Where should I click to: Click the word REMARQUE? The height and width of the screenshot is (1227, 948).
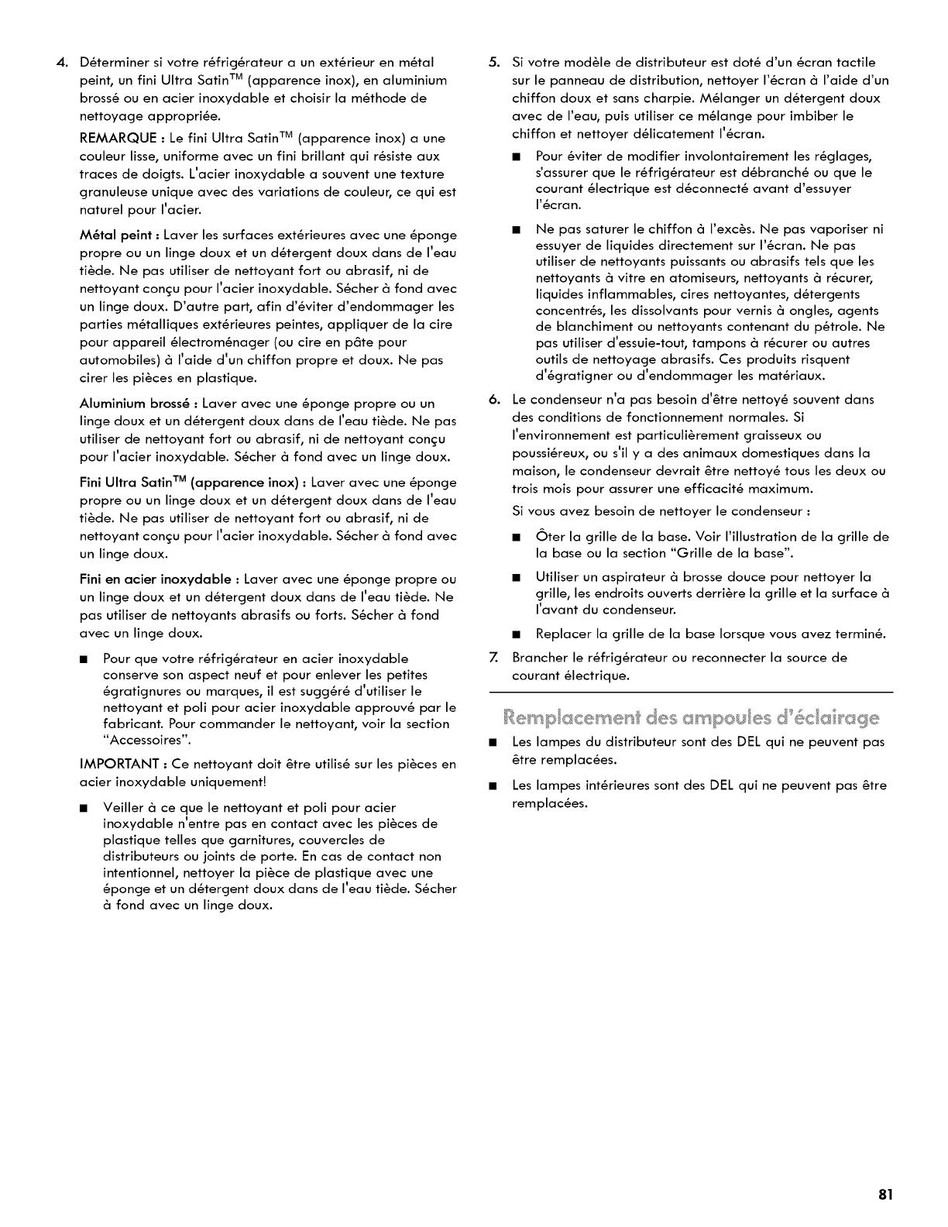[115, 139]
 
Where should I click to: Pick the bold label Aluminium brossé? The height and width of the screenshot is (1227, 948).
[136, 404]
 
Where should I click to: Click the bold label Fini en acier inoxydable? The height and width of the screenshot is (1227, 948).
[155, 579]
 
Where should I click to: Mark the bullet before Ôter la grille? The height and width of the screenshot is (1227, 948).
[516, 537]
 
